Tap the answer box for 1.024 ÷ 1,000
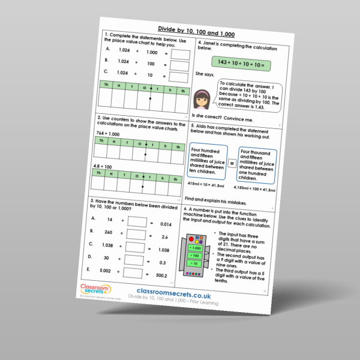pyautogui.click(x=180, y=55)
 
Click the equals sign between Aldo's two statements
pyautogui.click(x=231, y=162)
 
